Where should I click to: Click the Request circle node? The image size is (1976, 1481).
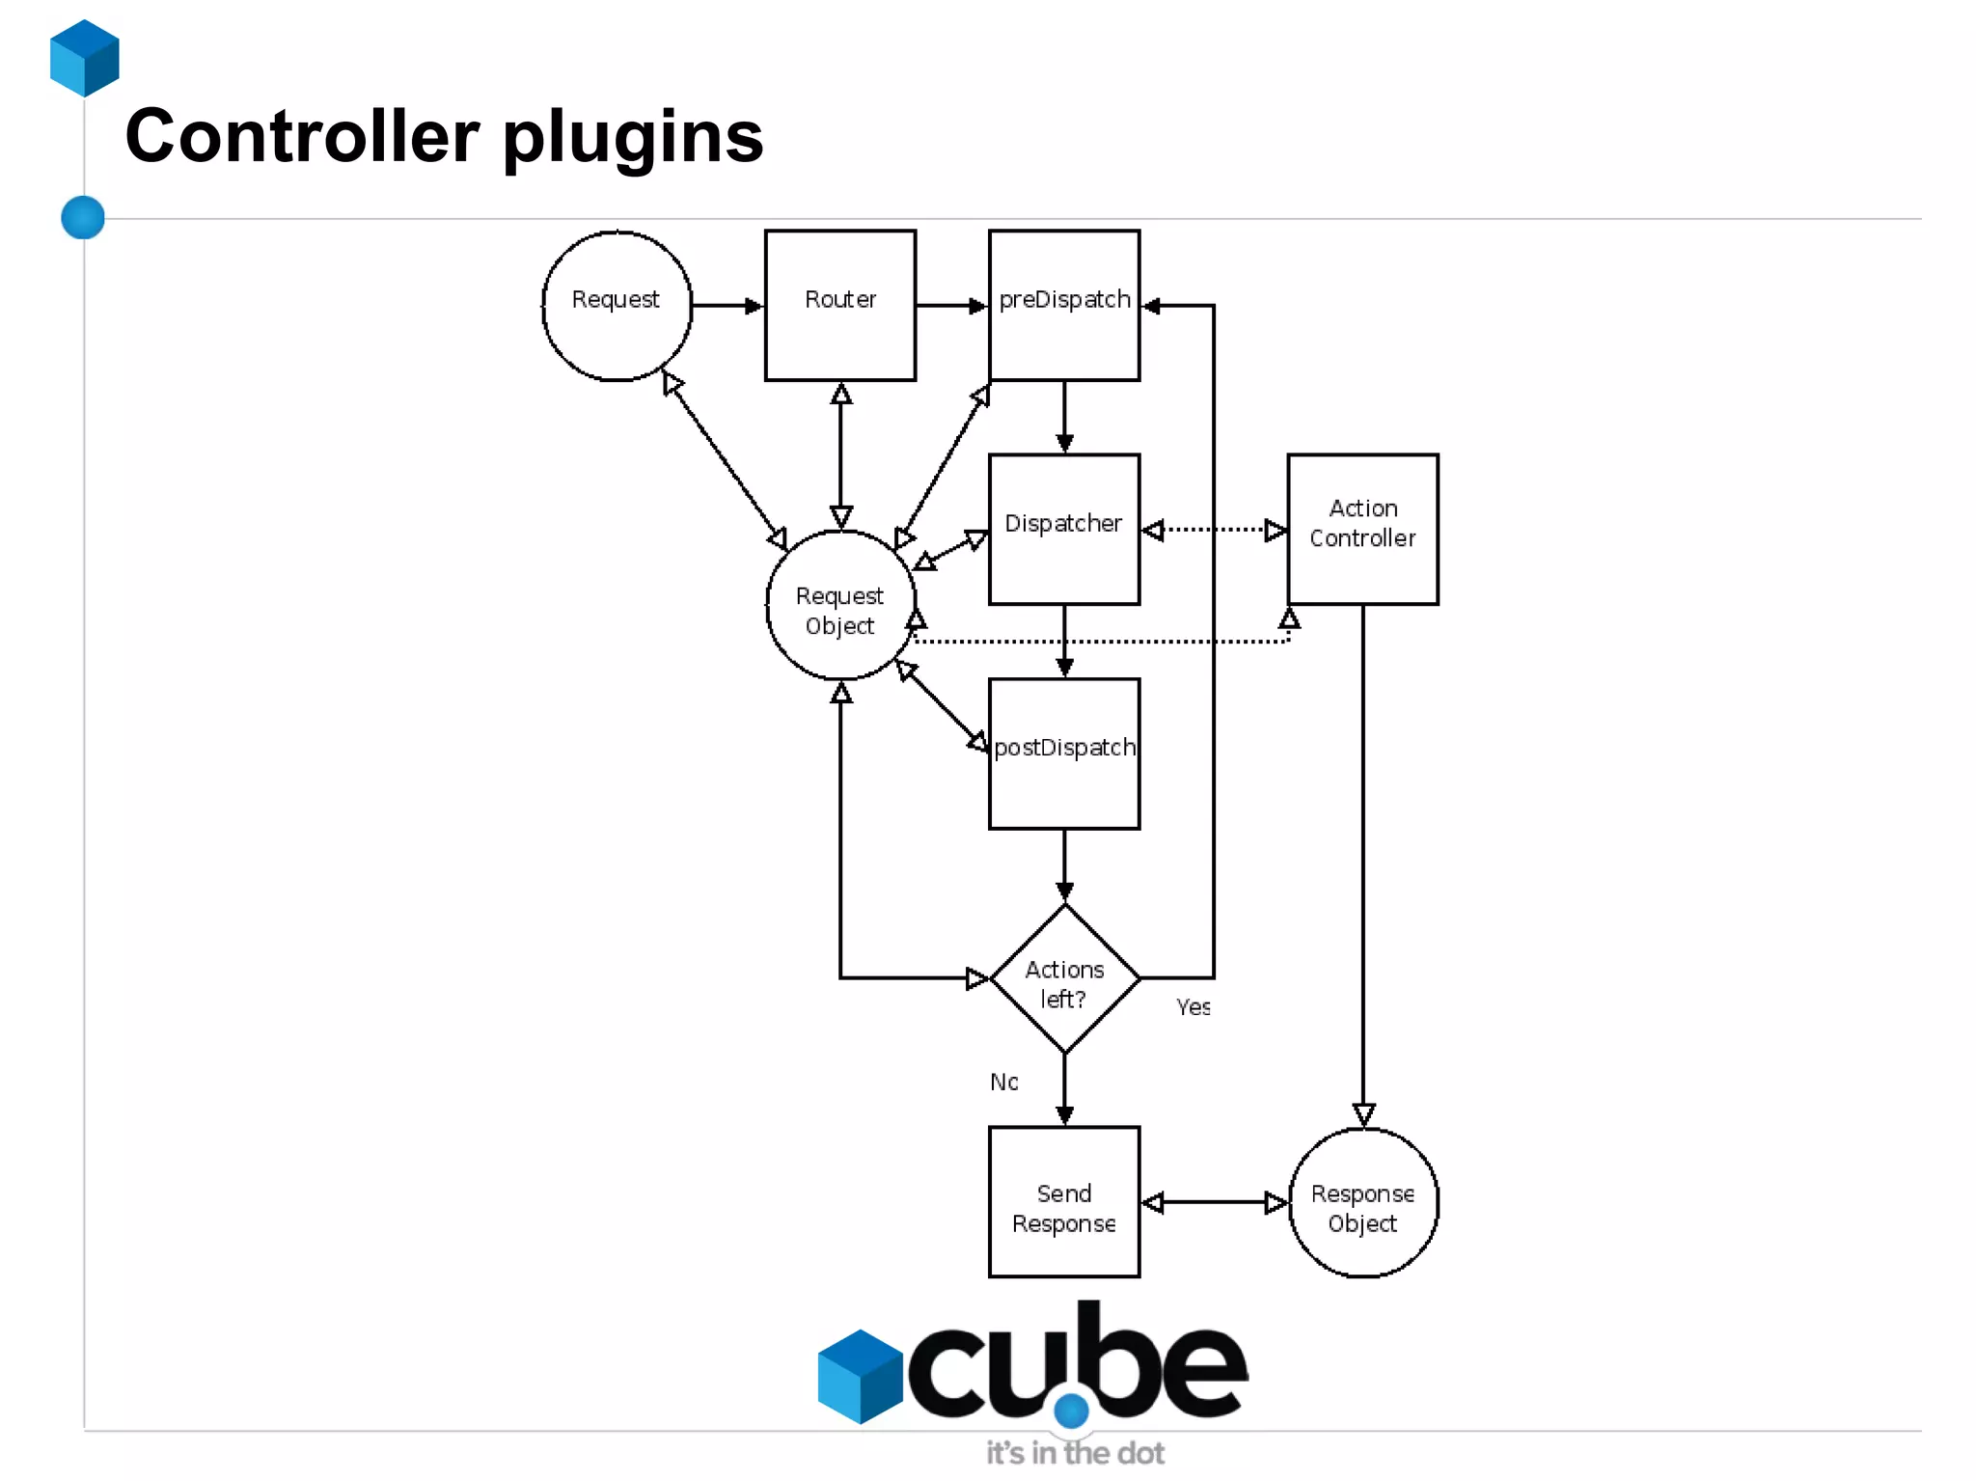point(617,305)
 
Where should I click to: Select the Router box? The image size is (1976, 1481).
point(839,305)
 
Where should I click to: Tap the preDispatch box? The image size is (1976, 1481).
point(1063,305)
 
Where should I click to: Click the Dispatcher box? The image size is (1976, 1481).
point(1063,529)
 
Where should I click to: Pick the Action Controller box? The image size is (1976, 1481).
point(1362,529)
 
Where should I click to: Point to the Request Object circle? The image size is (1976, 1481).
point(839,606)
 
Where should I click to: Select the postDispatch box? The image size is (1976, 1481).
point(1063,753)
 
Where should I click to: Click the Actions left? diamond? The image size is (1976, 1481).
point(1064,978)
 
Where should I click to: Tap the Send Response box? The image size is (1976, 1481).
point(1063,1202)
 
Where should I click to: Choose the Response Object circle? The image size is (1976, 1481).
point(1362,1202)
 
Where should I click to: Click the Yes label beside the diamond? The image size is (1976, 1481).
point(1193,1007)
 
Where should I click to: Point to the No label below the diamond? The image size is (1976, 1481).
point(1003,1082)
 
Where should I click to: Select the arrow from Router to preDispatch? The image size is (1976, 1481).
point(951,306)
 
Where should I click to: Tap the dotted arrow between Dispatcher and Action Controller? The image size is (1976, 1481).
point(1214,530)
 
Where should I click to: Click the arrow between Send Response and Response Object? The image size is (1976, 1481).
point(1214,1202)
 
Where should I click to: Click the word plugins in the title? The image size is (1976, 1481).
point(633,137)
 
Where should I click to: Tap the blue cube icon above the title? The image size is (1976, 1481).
point(85,58)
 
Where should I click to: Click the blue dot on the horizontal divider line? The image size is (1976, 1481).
point(83,217)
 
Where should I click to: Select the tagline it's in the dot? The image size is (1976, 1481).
point(1074,1453)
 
